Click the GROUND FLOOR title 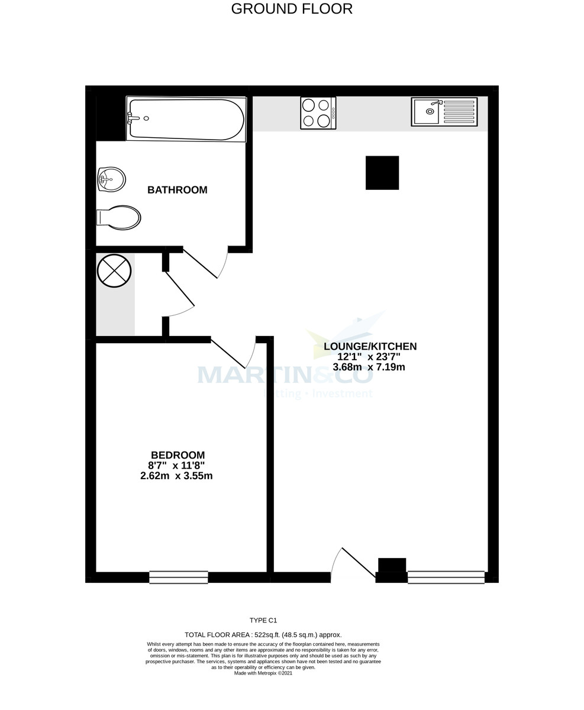[292, 9]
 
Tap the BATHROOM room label [177, 190]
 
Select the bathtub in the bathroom [186, 120]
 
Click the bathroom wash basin [112, 179]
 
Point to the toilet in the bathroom [120, 217]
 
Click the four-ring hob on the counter [318, 112]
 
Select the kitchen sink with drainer [444, 112]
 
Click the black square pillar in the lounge [382, 173]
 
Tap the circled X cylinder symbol [114, 271]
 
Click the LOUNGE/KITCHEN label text [370, 347]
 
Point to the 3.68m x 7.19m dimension [369, 367]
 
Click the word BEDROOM [178, 455]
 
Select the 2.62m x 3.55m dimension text [176, 476]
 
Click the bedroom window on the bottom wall [178, 577]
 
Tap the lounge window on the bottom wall [446, 577]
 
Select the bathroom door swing [205, 264]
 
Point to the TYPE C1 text [263, 621]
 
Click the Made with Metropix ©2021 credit [263, 673]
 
